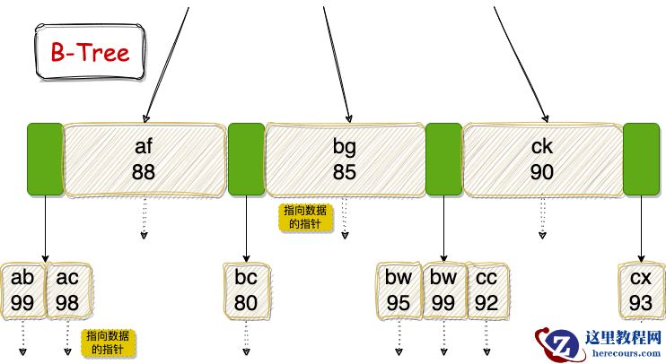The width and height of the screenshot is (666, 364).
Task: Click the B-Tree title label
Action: [89, 52]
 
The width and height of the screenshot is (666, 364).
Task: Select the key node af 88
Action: [144, 159]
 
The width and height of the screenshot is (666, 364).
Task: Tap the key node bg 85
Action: [345, 159]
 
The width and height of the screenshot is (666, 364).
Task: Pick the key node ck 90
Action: [542, 159]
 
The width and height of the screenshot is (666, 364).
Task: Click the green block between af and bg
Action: [246, 159]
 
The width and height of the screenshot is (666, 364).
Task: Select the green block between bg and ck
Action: [443, 159]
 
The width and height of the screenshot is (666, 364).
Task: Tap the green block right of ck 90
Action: [641, 159]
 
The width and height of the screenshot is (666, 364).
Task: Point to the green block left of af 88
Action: [45, 159]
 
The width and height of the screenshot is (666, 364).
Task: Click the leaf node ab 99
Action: [23, 290]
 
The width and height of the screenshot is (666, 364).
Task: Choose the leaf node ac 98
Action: [67, 290]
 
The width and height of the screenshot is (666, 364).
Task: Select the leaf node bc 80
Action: [246, 290]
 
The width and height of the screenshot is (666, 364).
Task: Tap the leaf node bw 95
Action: [399, 290]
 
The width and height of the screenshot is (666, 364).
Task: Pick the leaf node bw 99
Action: [443, 290]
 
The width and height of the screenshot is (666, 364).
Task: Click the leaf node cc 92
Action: [486, 290]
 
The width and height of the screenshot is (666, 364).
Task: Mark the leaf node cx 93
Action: [641, 290]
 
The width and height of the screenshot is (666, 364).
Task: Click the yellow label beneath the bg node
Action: [305, 217]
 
